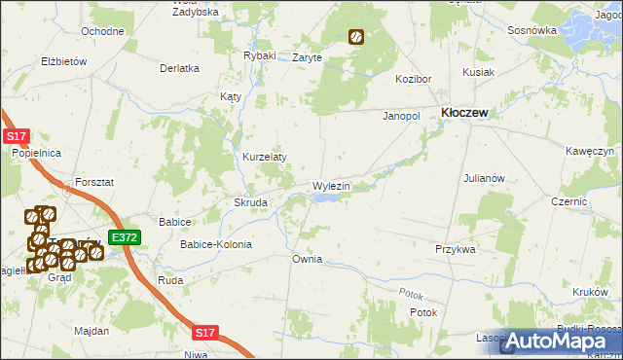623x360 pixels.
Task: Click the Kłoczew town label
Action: click(x=464, y=113)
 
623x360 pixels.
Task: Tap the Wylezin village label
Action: click(x=330, y=185)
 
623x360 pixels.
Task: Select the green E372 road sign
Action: click(x=125, y=237)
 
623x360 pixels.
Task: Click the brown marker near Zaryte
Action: click(x=356, y=38)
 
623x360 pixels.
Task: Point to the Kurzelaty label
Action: click(x=264, y=157)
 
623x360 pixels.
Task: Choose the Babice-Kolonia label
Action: click(x=215, y=244)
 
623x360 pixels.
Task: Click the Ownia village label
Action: click(x=307, y=260)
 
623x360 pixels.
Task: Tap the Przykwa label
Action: click(x=455, y=249)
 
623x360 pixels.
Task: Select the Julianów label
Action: click(x=484, y=179)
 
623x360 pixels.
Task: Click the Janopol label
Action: click(x=400, y=115)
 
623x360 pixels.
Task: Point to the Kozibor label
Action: click(x=413, y=78)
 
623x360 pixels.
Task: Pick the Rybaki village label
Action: click(x=260, y=55)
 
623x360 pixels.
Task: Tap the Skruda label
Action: click(x=250, y=202)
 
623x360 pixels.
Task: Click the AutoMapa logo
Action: click(x=562, y=341)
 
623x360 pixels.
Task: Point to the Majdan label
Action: click(x=91, y=332)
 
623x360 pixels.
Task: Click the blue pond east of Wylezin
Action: click(x=327, y=198)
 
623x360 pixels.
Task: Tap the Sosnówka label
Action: click(x=531, y=30)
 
